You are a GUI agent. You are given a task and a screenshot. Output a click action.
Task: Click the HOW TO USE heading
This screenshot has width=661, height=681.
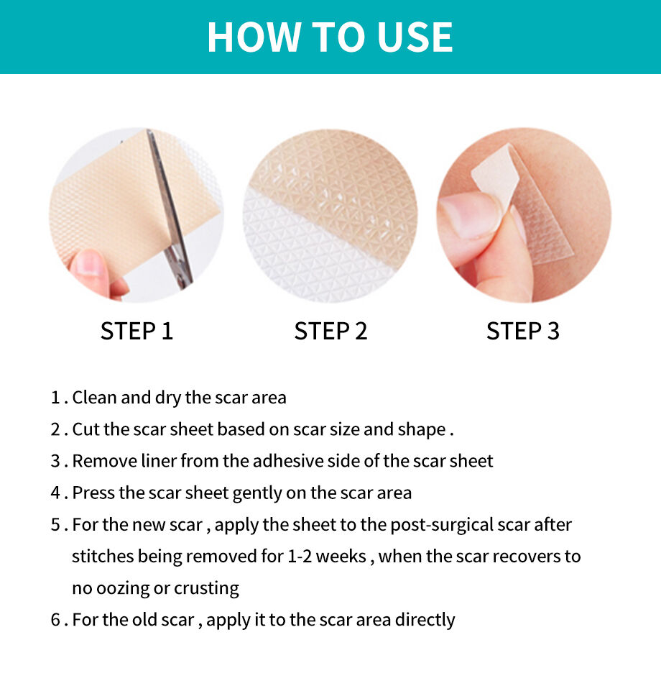(x=330, y=37)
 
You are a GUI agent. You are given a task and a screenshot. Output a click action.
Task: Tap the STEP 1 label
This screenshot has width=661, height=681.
(x=137, y=331)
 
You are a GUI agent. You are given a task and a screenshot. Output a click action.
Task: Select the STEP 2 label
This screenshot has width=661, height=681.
(x=330, y=331)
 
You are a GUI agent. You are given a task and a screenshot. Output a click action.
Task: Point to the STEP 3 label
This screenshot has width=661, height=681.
(x=522, y=331)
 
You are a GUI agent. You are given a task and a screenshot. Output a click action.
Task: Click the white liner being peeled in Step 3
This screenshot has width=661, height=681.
(x=496, y=176)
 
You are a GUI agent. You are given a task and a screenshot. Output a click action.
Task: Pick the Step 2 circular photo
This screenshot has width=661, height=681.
(x=330, y=216)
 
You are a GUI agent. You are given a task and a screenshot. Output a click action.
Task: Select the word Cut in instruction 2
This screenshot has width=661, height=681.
(x=85, y=429)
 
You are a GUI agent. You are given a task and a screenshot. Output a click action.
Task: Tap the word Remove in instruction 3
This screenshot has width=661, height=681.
(x=101, y=461)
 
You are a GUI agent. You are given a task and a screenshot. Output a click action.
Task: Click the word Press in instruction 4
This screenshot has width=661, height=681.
(x=91, y=493)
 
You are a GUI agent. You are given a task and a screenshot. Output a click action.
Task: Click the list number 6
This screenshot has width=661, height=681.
(x=55, y=620)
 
